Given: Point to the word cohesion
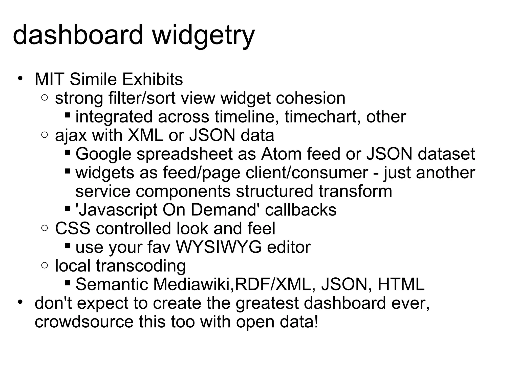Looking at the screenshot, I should (x=311, y=98).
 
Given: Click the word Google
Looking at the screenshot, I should (x=103, y=154).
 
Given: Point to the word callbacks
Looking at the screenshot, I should (x=301, y=210).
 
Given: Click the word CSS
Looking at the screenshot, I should (x=73, y=228).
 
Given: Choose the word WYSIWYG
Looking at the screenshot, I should (x=219, y=247).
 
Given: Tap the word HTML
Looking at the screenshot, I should (x=401, y=284).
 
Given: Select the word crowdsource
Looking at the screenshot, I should (x=84, y=322).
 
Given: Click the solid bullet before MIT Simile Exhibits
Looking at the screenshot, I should (x=20, y=78).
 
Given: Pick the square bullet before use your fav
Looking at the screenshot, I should (x=67, y=246).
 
